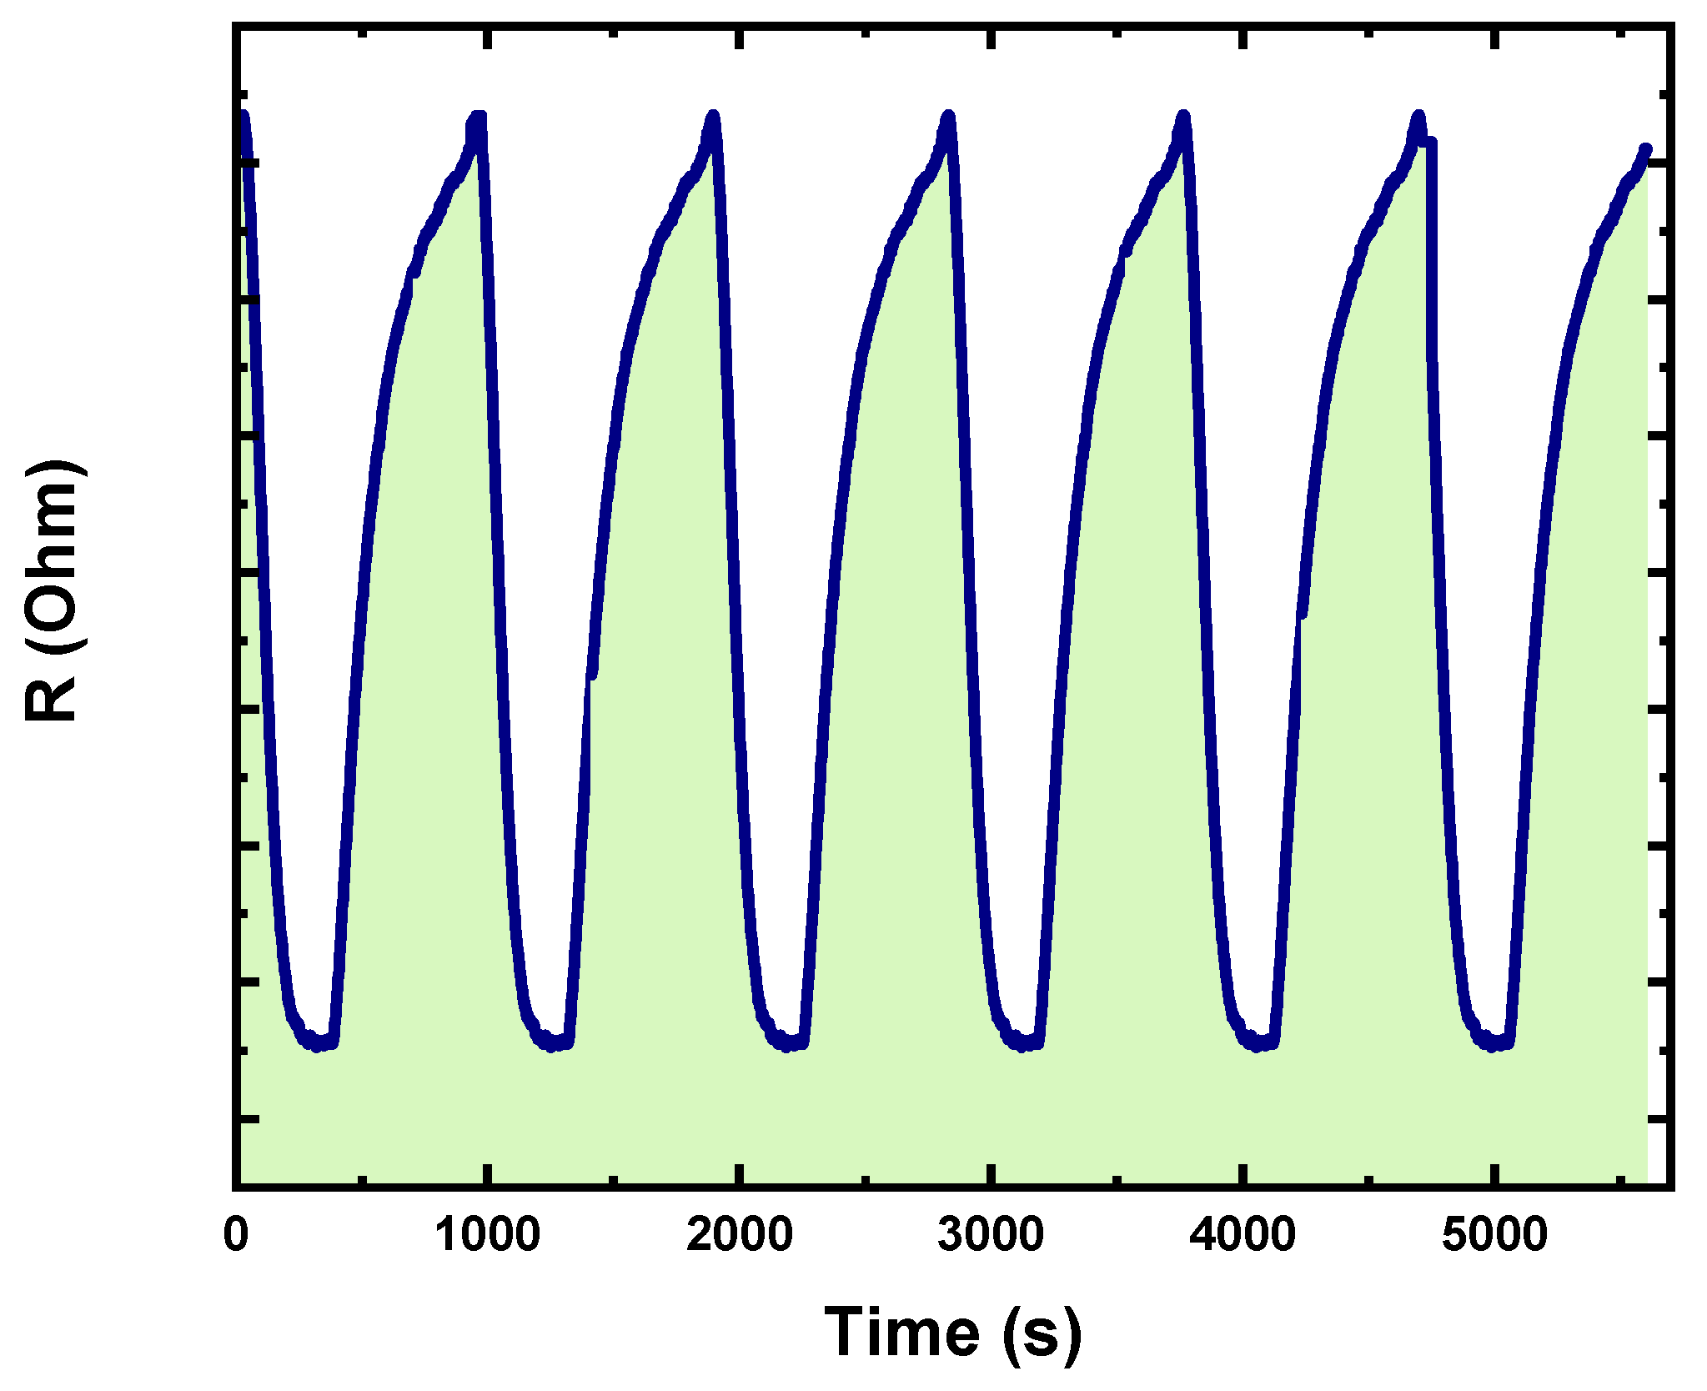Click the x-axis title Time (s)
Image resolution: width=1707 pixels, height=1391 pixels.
click(953, 1333)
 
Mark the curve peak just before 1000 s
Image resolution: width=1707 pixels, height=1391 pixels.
click(479, 116)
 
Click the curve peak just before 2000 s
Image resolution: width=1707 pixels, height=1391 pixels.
click(713, 115)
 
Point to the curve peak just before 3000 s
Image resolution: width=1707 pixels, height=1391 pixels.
click(948, 115)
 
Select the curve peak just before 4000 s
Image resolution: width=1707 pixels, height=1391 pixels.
click(1183, 115)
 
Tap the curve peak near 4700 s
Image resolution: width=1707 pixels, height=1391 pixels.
click(1418, 115)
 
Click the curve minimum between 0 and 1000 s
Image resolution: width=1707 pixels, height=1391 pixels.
click(317, 1046)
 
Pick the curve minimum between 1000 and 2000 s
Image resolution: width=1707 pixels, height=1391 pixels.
click(551, 1046)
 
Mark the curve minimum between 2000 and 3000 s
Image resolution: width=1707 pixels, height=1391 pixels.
click(786, 1046)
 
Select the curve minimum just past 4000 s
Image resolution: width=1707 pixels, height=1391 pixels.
click(1258, 1046)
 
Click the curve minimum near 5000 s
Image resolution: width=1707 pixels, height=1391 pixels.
click(1493, 1046)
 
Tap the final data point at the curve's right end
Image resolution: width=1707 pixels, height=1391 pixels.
click(1646, 149)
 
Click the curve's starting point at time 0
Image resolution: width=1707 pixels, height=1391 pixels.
click(243, 115)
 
